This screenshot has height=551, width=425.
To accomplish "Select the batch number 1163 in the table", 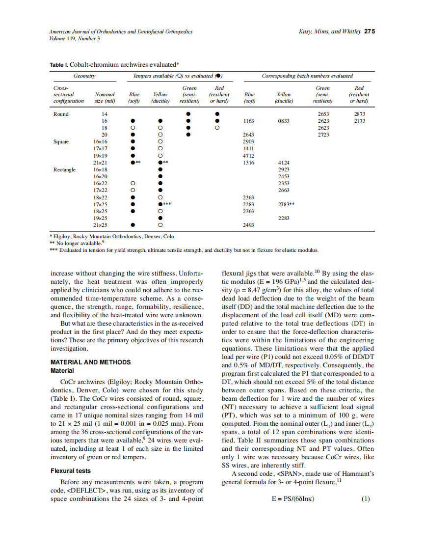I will click(249, 121).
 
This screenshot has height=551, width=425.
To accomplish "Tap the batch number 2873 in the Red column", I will click(359, 114).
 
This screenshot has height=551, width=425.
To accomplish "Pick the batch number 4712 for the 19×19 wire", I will click(249, 156).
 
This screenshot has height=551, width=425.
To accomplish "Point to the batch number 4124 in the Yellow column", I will click(284, 163).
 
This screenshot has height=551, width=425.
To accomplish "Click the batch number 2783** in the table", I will click(286, 204).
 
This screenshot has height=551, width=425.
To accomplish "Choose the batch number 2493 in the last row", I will click(249, 225).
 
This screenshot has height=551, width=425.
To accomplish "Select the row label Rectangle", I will click(64, 169).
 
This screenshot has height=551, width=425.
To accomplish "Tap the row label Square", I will click(61, 141).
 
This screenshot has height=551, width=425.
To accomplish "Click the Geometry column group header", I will click(84, 76).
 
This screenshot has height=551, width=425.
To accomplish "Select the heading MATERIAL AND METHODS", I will click(91, 362).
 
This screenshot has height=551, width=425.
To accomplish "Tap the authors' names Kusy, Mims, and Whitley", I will click(329, 31).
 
